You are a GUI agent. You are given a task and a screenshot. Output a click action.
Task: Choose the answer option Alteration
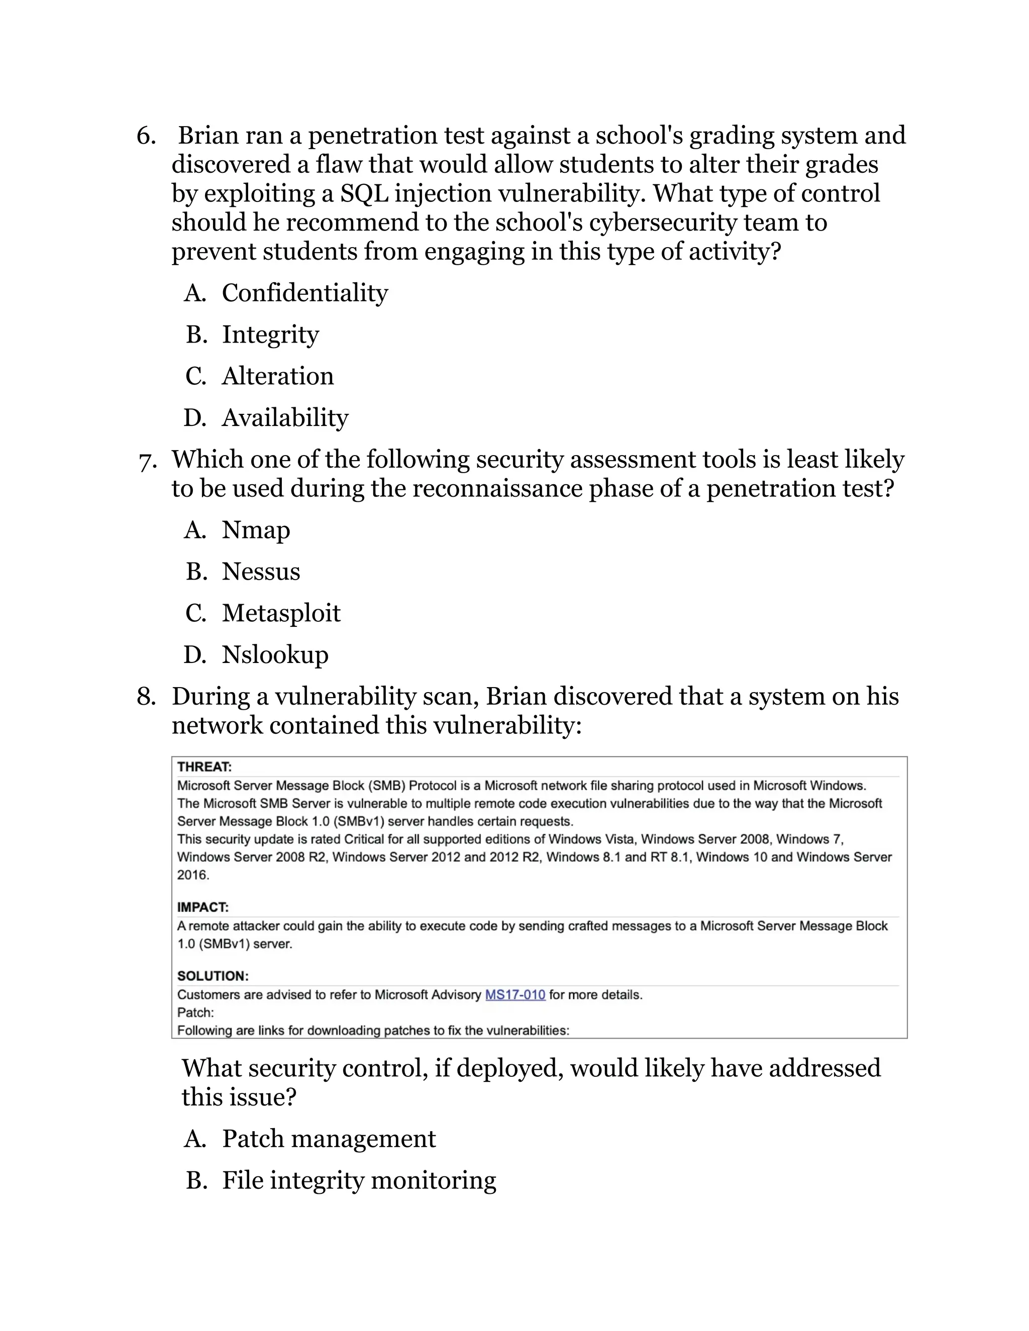tap(277, 376)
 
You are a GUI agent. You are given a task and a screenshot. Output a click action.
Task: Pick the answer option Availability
tap(285, 418)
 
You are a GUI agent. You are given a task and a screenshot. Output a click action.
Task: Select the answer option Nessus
tap(260, 572)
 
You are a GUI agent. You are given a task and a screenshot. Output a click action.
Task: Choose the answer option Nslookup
tap(274, 655)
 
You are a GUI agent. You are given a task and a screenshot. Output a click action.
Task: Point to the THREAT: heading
tap(204, 766)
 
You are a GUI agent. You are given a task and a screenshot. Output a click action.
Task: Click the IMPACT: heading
tap(202, 908)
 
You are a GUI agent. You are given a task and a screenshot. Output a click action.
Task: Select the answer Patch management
tap(329, 1139)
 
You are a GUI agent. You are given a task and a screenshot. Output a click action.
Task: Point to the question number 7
tap(147, 461)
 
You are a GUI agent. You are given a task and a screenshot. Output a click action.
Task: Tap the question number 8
tap(146, 697)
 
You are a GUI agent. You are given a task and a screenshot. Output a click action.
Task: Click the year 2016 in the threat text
tap(192, 875)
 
